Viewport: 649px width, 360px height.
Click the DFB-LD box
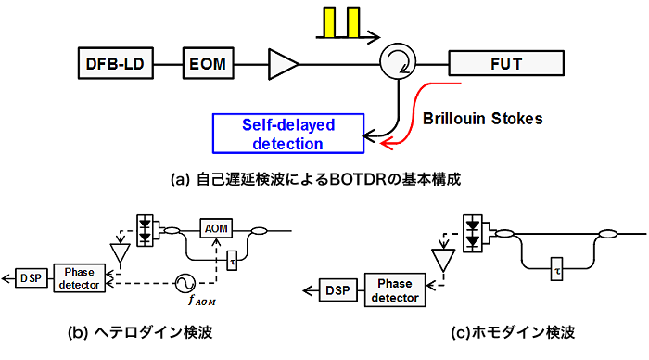point(116,63)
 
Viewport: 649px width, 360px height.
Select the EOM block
point(209,63)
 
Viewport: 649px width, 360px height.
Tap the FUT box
point(506,63)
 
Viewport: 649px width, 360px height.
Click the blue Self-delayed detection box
point(288,134)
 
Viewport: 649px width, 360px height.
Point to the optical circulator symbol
point(398,61)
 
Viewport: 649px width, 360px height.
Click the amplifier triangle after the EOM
point(284,64)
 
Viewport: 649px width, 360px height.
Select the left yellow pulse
point(329,22)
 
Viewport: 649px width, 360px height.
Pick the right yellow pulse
point(353,22)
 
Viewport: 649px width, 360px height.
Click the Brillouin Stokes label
point(483,119)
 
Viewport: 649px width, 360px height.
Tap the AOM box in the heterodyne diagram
point(216,228)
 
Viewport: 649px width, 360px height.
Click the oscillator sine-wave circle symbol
point(185,283)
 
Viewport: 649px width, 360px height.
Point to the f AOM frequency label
point(202,300)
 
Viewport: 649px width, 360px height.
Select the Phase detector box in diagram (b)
point(80,278)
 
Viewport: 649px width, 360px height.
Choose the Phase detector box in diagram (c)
point(395,290)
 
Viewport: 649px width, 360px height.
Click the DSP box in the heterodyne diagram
point(32,278)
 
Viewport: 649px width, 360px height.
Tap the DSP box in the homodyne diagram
point(338,290)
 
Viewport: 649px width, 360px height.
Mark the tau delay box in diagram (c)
point(556,268)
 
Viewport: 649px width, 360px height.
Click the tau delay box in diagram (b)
point(232,261)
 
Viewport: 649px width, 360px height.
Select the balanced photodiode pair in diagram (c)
point(473,234)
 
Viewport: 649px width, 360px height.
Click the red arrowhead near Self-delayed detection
point(386,144)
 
